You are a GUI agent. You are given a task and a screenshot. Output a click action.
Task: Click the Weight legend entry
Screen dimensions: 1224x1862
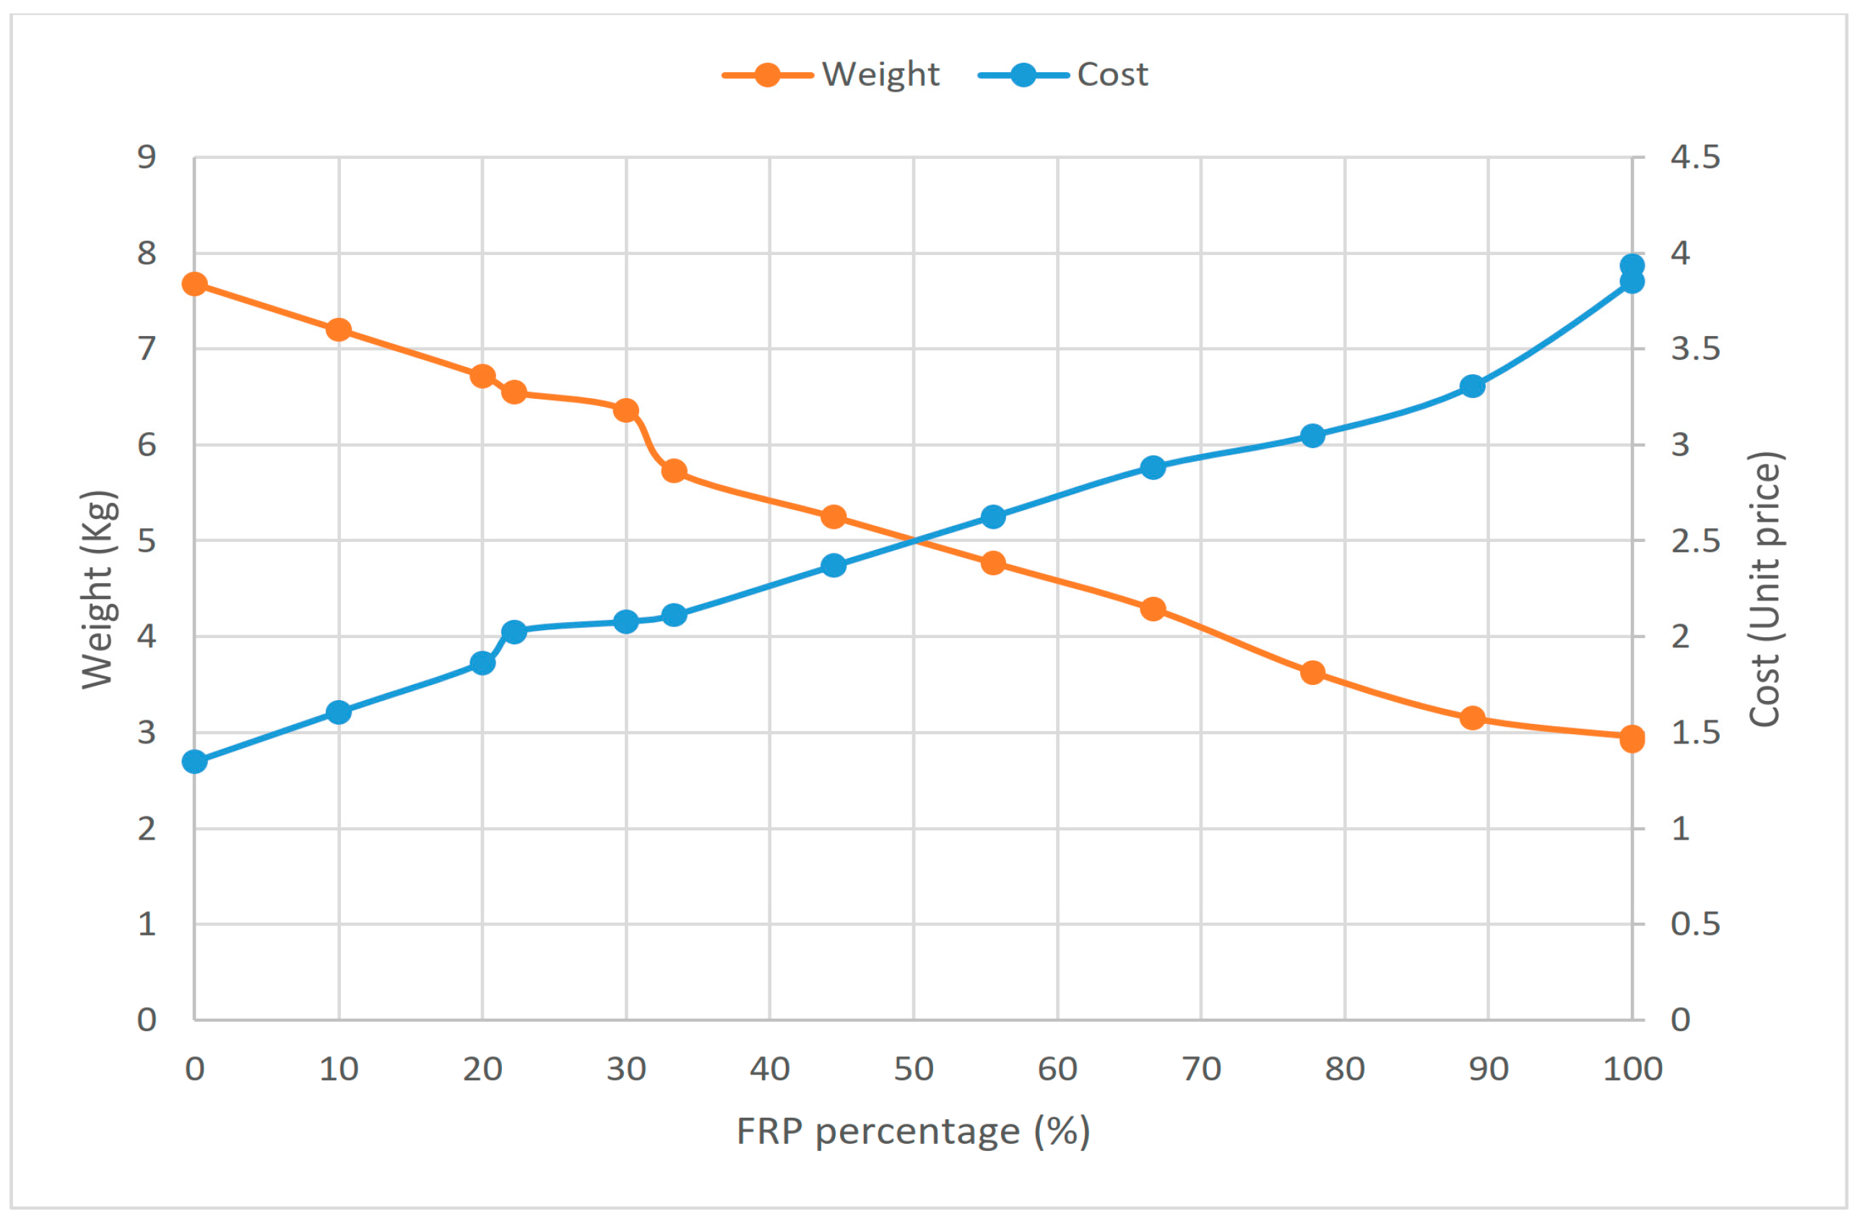(831, 75)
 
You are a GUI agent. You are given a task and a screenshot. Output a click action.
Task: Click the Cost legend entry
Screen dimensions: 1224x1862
(1064, 75)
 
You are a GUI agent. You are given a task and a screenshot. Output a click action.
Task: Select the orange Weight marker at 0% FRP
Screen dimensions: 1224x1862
(195, 284)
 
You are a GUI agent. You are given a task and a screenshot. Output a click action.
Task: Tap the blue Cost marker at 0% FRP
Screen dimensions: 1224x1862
(195, 762)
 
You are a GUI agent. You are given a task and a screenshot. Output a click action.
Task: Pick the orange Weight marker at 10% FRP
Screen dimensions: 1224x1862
(339, 329)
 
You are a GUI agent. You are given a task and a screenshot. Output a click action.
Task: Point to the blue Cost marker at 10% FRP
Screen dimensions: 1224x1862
(339, 712)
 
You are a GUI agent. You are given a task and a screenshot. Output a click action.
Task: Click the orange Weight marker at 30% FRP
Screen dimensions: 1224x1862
(626, 410)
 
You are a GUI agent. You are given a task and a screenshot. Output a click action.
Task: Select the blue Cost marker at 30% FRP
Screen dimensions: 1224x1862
(626, 622)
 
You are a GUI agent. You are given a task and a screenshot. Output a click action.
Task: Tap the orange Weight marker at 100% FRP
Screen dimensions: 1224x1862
(1632, 738)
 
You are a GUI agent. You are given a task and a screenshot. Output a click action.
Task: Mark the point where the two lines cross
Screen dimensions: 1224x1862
(914, 540)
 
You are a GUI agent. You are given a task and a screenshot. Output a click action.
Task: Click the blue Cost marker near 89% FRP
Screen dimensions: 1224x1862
(1473, 386)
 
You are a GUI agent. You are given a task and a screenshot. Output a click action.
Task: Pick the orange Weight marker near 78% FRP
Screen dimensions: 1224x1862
(1313, 672)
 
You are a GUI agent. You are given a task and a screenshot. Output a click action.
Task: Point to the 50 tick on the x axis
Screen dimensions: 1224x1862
(914, 1069)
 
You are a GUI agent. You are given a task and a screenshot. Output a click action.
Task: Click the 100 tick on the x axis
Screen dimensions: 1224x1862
(1632, 1069)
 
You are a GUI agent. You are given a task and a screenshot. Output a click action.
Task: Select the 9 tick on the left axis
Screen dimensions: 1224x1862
(147, 158)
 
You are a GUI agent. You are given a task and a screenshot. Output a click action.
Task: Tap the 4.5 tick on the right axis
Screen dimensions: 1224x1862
(1694, 158)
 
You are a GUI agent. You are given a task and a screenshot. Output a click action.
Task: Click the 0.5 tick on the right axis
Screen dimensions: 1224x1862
(1694, 924)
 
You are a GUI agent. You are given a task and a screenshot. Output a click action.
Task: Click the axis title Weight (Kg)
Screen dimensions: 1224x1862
(100, 590)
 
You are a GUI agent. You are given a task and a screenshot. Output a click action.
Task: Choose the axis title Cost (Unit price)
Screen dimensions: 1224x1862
(1765, 590)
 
